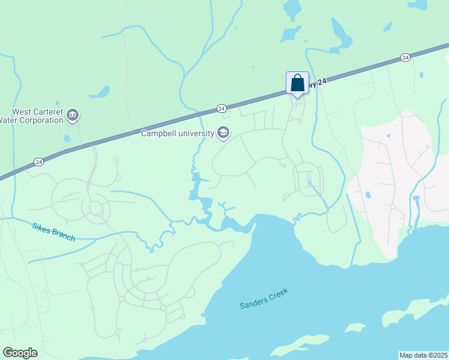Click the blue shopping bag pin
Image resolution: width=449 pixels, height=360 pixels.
tap(297, 83)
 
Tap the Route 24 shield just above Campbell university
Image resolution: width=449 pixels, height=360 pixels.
tap(221, 109)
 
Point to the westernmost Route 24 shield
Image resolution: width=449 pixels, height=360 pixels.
tap(38, 162)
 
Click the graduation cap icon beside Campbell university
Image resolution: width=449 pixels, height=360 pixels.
tap(223, 133)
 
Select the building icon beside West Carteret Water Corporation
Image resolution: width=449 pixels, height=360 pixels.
tap(73, 115)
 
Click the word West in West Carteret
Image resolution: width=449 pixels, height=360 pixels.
tap(22, 112)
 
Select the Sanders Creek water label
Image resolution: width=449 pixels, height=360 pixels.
tap(264, 298)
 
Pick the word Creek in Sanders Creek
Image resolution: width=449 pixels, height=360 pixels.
tap(278, 293)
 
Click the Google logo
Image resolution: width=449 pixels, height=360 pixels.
tap(20, 353)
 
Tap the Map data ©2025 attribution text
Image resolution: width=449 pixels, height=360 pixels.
tap(423, 355)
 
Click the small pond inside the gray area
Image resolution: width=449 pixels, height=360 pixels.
tap(367, 195)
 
